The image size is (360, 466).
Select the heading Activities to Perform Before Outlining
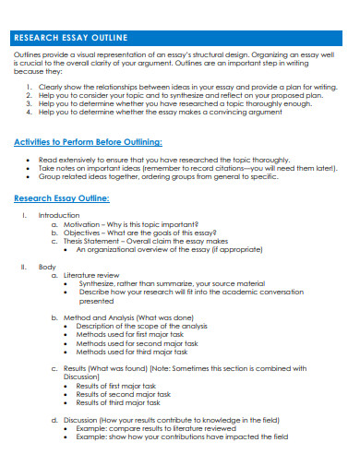89,142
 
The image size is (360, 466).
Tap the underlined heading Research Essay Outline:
62,198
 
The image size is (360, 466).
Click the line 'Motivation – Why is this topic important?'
131,224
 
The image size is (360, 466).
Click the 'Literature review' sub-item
93,275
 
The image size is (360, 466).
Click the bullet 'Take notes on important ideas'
175,168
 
